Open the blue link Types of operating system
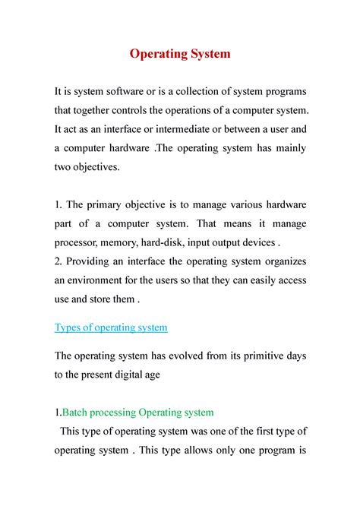[x=111, y=327]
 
